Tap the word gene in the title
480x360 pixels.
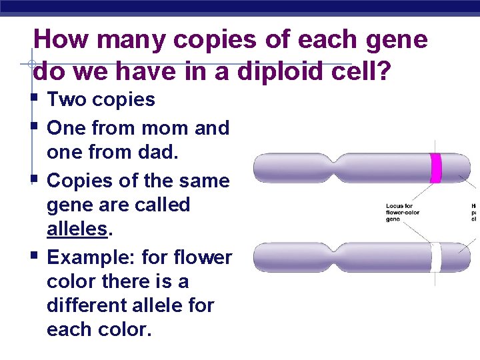point(397,40)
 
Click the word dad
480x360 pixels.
point(159,153)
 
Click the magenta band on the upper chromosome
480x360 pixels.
point(436,168)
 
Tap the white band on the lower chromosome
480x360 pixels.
point(435,257)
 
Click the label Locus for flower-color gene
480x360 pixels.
point(403,212)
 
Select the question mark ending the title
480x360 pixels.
point(384,69)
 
